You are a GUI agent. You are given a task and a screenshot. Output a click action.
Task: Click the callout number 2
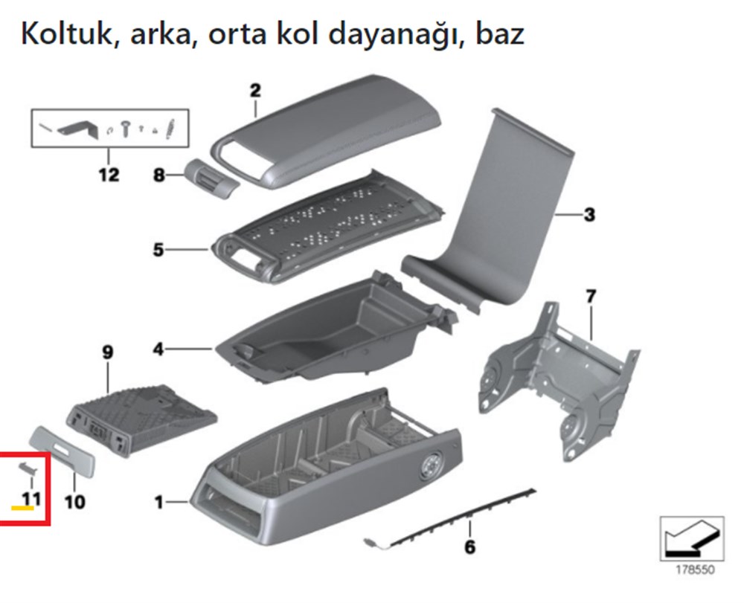point(255,91)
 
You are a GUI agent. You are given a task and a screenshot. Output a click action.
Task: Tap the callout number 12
point(109,175)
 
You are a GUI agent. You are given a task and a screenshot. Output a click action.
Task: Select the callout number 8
point(158,176)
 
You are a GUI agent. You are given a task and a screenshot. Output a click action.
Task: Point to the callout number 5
point(158,250)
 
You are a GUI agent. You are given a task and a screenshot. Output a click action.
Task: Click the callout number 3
point(589,216)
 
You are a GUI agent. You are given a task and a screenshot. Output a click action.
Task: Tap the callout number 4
point(158,348)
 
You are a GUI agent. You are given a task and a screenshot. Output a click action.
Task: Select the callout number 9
point(108,352)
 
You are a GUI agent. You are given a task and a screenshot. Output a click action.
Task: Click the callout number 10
point(74,503)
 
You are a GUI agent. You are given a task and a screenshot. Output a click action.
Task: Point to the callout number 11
point(31,499)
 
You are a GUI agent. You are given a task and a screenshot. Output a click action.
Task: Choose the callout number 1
point(158,503)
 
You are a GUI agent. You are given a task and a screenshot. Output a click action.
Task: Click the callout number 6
point(469,548)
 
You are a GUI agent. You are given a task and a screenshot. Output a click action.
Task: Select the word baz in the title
point(498,33)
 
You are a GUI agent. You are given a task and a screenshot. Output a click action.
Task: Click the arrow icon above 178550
point(691,538)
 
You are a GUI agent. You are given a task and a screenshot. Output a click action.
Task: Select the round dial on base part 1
point(430,468)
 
